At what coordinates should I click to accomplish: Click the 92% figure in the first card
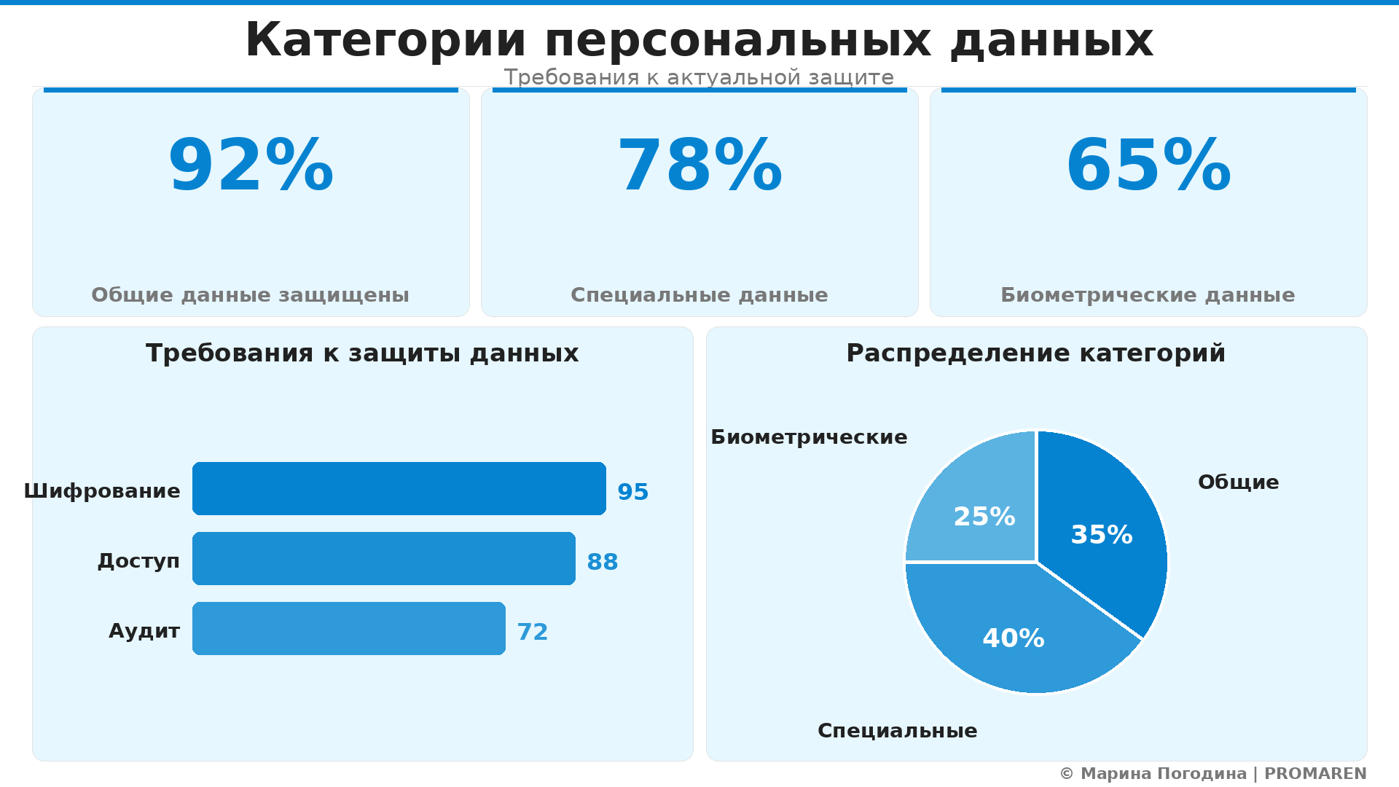251,166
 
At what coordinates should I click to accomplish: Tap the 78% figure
699,166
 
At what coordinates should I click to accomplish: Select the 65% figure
1148,166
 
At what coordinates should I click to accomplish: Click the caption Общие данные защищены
250,295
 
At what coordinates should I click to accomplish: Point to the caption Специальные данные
699,295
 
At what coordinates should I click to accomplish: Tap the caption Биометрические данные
1148,295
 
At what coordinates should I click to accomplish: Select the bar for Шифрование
399,488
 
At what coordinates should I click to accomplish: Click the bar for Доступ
383,558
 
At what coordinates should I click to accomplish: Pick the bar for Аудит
348,628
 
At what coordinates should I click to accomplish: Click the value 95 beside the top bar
632,492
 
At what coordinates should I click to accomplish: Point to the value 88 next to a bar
602,562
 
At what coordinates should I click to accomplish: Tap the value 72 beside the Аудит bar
532,632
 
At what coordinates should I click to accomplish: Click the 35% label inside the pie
1101,535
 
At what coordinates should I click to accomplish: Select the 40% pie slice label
1013,638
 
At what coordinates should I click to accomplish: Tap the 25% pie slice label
984,517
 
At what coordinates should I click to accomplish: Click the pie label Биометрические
809,437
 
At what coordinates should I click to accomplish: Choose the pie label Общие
1238,482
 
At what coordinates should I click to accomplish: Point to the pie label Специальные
897,731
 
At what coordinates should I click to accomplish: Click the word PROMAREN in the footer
1315,774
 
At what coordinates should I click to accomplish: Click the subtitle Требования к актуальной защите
699,77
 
